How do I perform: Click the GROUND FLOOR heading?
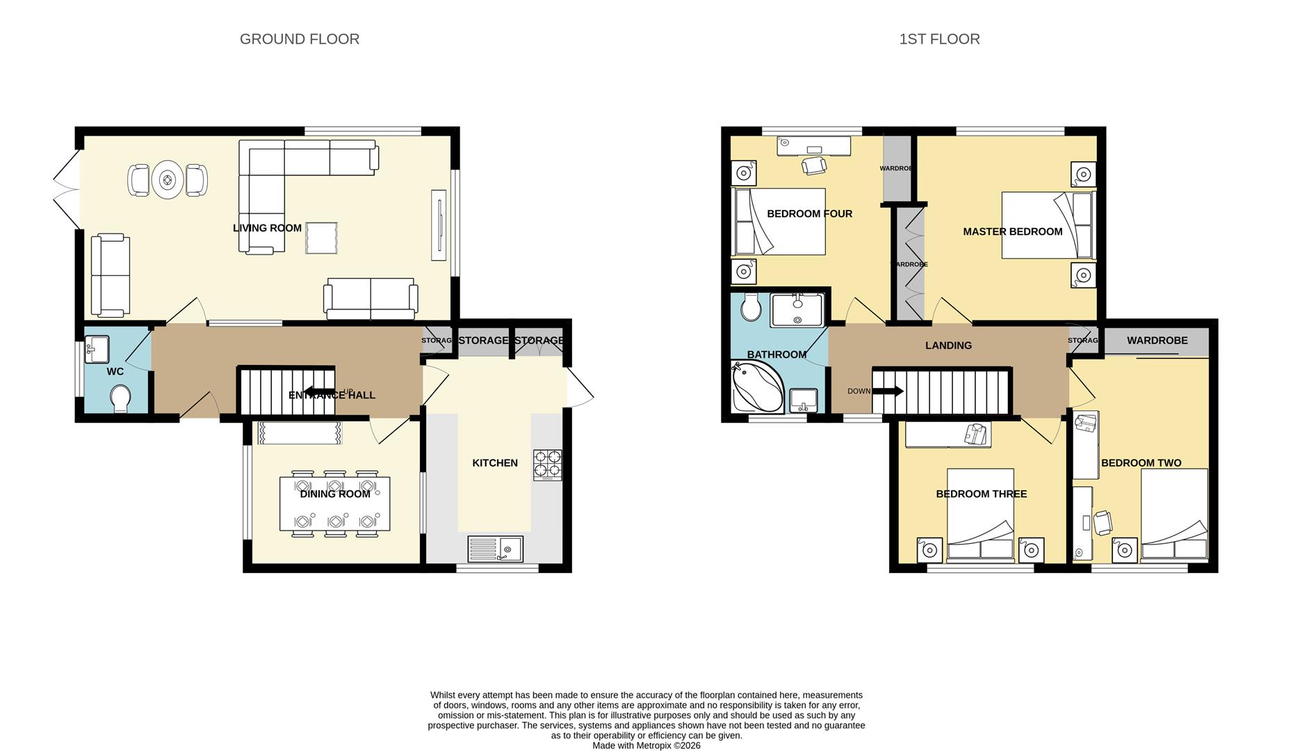(300, 40)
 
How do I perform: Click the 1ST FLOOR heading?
(939, 40)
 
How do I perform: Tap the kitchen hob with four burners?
(548, 465)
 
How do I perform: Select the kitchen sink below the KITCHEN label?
(495, 549)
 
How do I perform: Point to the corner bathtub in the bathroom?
(757, 386)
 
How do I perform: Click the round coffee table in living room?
(167, 181)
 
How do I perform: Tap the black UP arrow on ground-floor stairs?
(319, 391)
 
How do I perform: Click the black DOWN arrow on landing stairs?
(888, 391)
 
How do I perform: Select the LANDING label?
(948, 346)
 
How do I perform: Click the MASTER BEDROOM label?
(1012, 232)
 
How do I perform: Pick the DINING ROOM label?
(335, 494)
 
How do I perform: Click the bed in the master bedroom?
(1048, 225)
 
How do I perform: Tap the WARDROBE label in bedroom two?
(1157, 341)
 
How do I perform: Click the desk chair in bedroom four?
(814, 165)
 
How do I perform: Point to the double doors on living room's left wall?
(67, 189)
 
